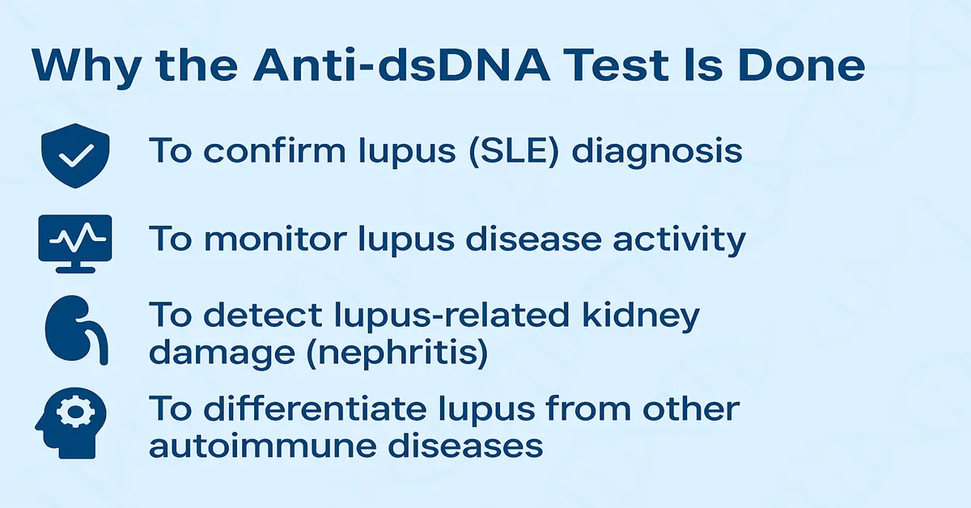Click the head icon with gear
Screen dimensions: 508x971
[x=72, y=421]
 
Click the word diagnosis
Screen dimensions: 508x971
[x=656, y=151]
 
